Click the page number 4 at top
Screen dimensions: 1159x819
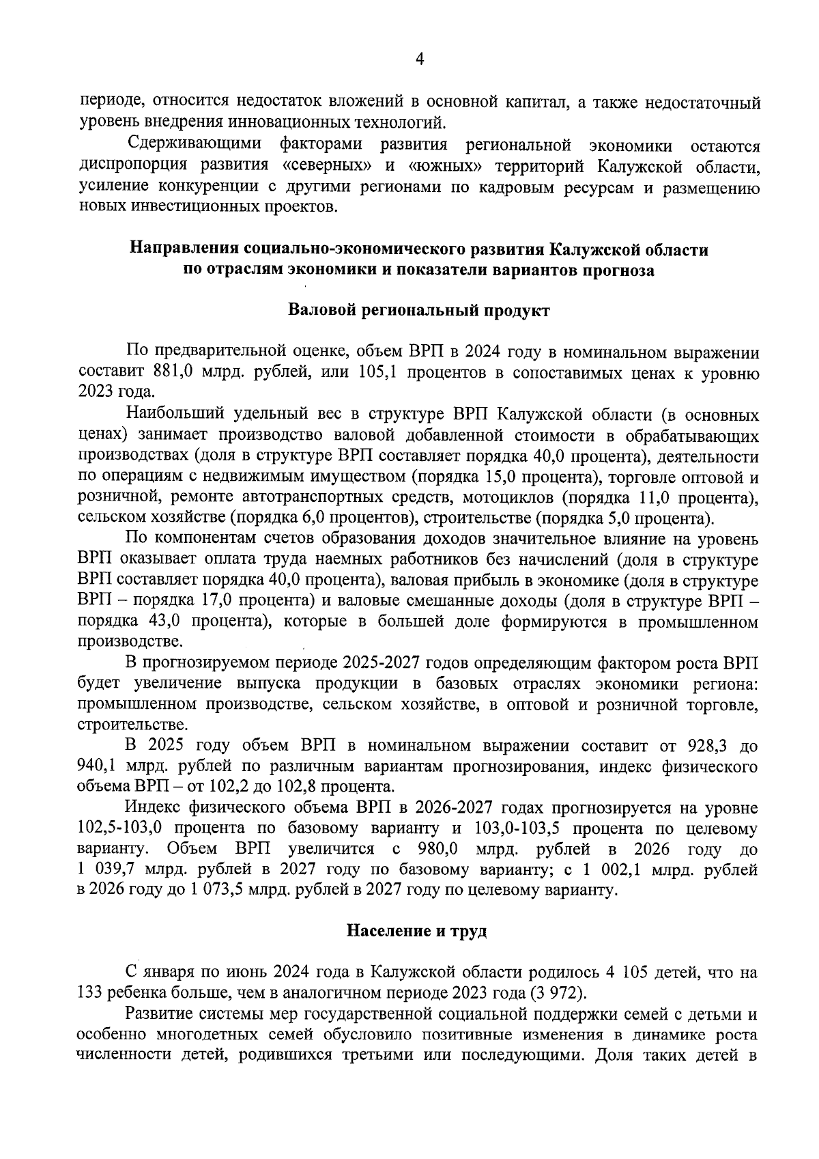click(x=420, y=60)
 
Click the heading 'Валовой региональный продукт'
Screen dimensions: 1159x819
click(x=419, y=311)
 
